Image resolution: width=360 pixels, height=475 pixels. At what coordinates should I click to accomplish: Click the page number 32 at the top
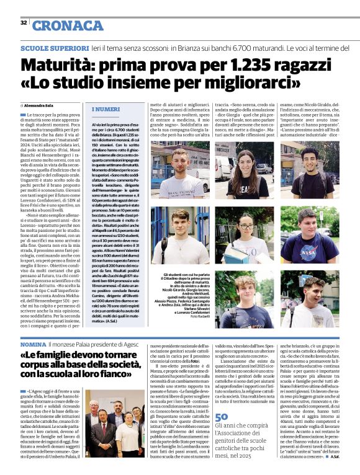click(x=24, y=23)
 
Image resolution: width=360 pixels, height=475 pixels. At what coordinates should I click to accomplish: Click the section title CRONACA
click(x=68, y=25)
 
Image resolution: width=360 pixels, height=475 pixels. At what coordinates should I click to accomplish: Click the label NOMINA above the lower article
click(x=33, y=343)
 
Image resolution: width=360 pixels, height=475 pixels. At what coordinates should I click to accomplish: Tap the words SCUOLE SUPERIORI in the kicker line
click(x=55, y=48)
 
